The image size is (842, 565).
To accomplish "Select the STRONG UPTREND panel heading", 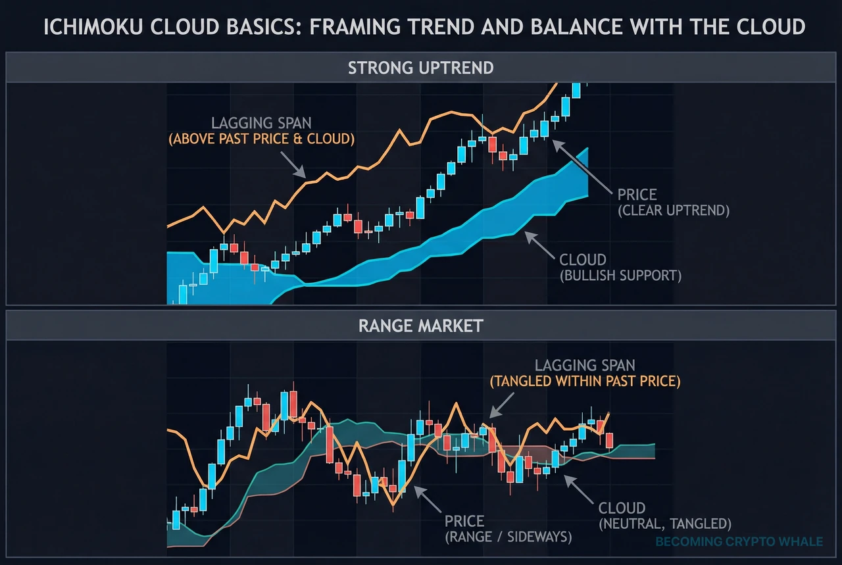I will [x=421, y=68].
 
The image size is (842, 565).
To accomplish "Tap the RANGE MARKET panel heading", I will [x=421, y=325].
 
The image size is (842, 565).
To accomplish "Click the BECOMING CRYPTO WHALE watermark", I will [x=739, y=542].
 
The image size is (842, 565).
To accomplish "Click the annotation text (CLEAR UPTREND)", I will [x=674, y=211].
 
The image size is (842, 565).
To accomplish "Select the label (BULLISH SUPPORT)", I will [x=621, y=275].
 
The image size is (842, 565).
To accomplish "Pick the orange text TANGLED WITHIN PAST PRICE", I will [x=585, y=381].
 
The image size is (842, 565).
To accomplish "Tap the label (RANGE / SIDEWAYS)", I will [x=508, y=537].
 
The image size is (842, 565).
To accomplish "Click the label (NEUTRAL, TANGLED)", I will [x=664, y=524].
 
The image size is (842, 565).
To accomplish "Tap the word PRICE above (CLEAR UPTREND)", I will [x=637, y=195].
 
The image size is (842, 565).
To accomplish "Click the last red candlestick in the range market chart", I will [x=609, y=440].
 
